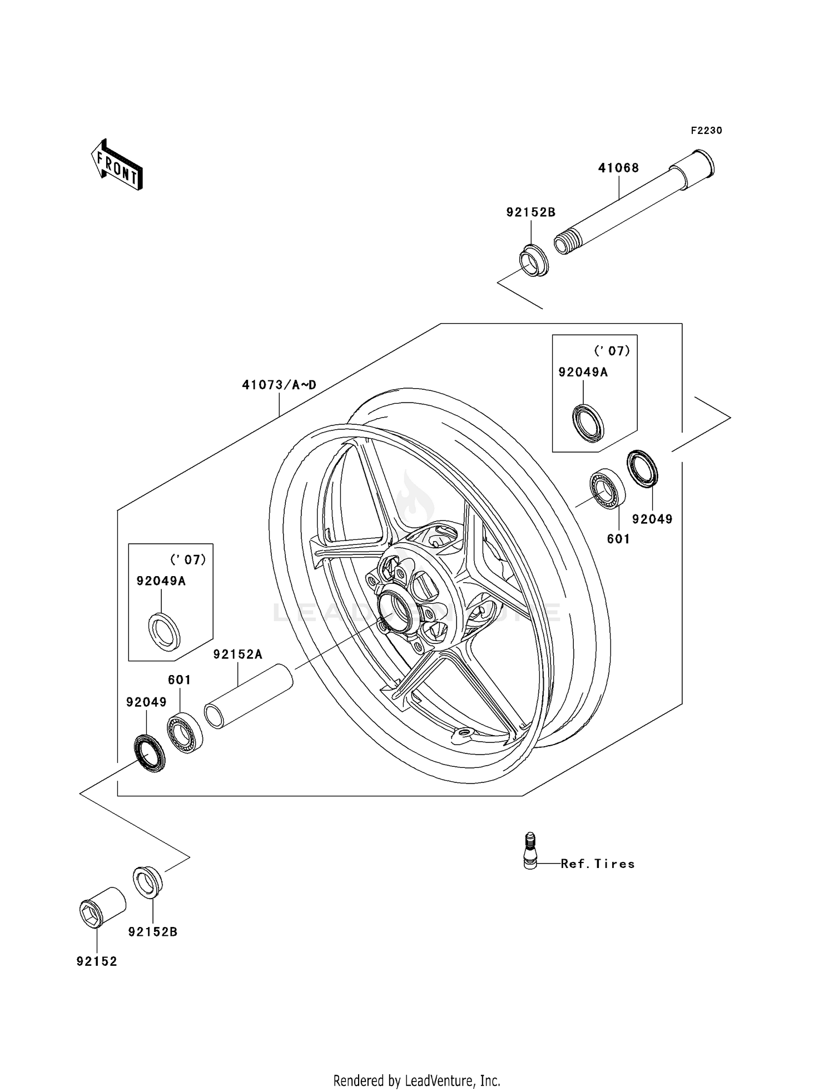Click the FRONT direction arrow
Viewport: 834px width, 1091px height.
point(117,166)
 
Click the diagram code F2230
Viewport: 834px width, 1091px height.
point(706,131)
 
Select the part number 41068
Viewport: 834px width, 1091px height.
point(618,167)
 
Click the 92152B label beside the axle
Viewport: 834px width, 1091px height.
point(530,212)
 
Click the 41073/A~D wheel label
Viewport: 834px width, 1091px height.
point(279,385)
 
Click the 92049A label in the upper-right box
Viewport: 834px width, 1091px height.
point(583,373)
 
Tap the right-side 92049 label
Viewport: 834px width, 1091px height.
point(652,519)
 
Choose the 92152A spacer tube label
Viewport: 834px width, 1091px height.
point(237,655)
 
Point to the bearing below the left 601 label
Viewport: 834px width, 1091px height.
point(185,732)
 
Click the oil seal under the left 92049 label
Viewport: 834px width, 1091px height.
point(150,753)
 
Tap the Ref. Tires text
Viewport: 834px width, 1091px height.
point(598,864)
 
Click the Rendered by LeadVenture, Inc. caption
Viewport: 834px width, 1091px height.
point(416,1080)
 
